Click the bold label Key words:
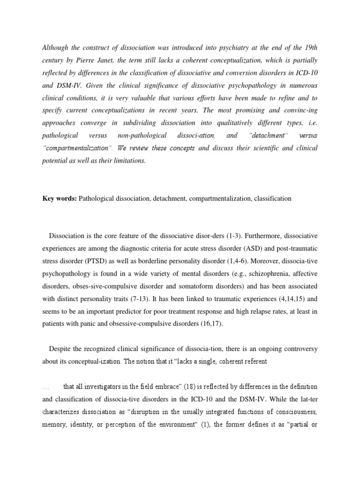60,198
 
